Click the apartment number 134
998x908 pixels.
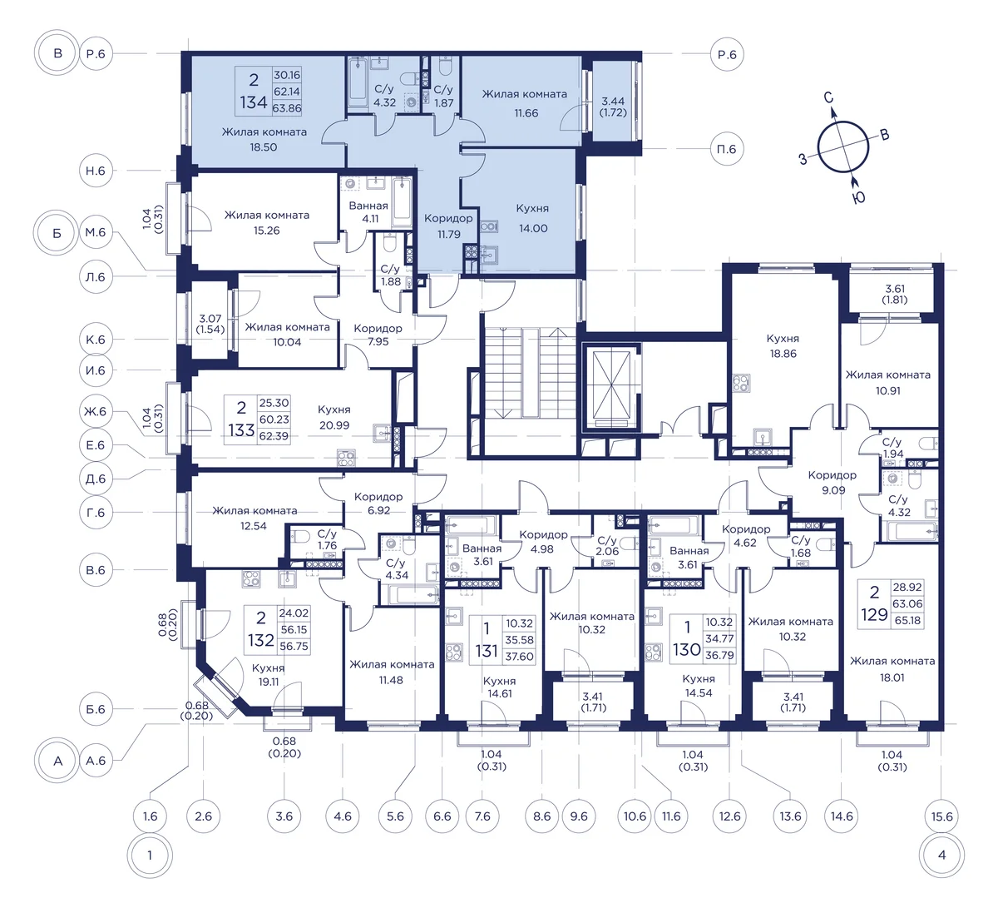click(254, 102)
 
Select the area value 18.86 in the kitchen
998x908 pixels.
click(783, 354)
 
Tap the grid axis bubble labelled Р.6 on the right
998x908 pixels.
click(727, 54)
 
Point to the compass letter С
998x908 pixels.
click(828, 97)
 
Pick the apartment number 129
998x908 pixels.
click(874, 615)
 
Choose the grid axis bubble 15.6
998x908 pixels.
click(941, 816)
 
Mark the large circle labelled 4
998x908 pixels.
click(941, 856)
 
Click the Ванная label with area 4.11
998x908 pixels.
click(368, 206)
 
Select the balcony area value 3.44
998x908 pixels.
click(612, 101)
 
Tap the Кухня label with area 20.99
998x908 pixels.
click(334, 409)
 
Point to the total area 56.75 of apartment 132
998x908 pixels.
click(294, 646)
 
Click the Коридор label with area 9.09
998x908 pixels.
click(832, 475)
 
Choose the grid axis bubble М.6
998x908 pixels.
click(96, 232)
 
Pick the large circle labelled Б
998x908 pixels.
click(57, 233)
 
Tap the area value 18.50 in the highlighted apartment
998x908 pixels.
click(263, 147)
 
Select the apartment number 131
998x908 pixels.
click(487, 651)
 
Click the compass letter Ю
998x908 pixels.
click(858, 198)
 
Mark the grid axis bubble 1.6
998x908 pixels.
click(150, 816)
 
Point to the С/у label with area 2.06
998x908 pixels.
click(607, 540)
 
